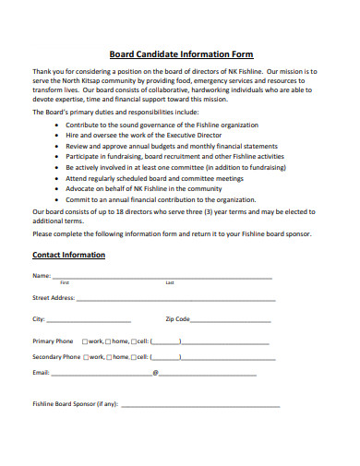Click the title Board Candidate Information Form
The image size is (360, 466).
pos(181,54)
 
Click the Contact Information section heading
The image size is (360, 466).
pos(68,255)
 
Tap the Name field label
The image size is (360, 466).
pos(42,276)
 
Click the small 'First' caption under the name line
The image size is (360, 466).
pos(65,282)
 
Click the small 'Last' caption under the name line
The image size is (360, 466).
pos(170,282)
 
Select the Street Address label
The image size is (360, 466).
pos(54,298)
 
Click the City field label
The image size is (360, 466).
pos(39,319)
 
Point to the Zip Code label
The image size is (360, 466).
pos(177,319)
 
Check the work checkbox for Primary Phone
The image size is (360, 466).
pos(85,341)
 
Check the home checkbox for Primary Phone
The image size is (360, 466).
pos(108,341)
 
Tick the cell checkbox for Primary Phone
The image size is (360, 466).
pos(133,341)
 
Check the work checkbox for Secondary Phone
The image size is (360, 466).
pos(85,357)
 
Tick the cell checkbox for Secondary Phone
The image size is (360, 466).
pos(133,357)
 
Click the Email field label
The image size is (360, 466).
pos(41,373)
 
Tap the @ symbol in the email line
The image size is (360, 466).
pos(155,373)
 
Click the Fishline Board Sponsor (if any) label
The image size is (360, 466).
pos(75,404)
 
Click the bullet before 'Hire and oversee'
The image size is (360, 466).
pos(58,134)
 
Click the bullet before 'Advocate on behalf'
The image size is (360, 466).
pos(58,188)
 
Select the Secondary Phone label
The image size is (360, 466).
pos(54,357)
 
